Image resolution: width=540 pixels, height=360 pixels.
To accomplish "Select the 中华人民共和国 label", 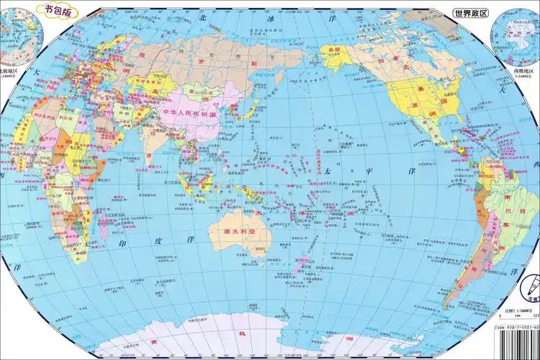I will click(x=191, y=113).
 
